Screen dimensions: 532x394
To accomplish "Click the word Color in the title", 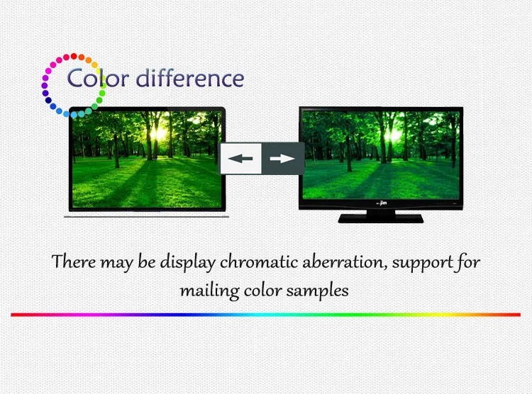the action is click(x=98, y=78).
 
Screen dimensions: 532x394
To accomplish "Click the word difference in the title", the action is click(x=190, y=78).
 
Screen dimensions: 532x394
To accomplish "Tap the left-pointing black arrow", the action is click(x=240, y=158).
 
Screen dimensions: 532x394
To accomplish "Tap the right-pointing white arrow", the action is click(x=282, y=158).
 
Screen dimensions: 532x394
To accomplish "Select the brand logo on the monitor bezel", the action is click(x=382, y=203).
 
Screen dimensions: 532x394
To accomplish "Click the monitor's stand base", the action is click(x=381, y=218).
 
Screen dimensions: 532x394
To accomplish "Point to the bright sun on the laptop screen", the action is click(x=159, y=133).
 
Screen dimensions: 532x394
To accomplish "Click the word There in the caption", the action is click(x=74, y=261).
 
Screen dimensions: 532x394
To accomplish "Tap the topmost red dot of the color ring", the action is click(x=74, y=56).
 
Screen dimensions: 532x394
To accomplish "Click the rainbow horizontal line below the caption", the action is click(x=266, y=315).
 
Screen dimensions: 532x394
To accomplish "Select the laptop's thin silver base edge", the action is click(x=147, y=216).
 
